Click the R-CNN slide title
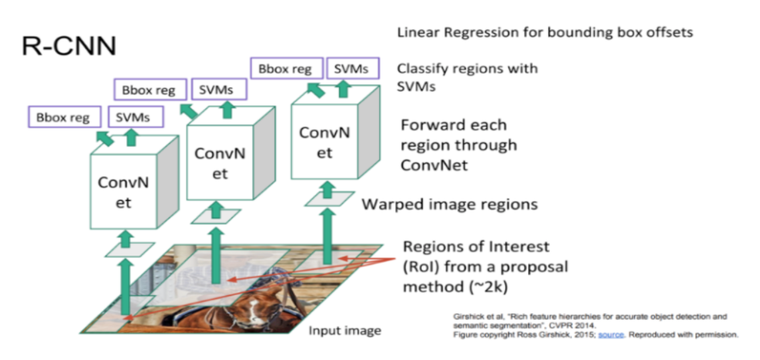69,45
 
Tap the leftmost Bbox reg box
64,118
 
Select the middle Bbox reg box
149,89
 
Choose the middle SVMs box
217,89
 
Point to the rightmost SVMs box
351,68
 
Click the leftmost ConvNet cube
123,191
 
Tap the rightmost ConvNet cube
324,141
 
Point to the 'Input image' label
345,331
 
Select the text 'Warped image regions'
450,203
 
